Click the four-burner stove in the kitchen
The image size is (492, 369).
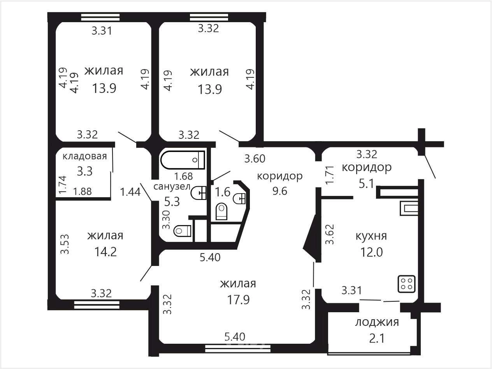pos(406,284)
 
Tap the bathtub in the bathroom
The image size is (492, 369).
pos(183,160)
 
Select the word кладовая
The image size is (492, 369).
pos(85,156)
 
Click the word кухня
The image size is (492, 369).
pos(371,236)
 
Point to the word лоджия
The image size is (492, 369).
pos(377,323)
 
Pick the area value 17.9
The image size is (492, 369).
pos(238,300)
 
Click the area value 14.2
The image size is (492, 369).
pos(105,252)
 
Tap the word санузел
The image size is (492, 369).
pos(172,186)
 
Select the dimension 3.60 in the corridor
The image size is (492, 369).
pos(255,159)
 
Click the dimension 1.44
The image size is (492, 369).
pos(130,192)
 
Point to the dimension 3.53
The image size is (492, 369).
pos(65,244)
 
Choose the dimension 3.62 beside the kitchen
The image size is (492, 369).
pos(330,234)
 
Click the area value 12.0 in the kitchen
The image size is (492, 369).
pos(371,252)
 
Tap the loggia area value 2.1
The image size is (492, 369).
pos(377,338)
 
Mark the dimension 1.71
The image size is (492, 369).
pos(330,175)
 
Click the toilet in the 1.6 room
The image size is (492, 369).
pos(221,212)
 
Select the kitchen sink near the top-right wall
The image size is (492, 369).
pos(409,208)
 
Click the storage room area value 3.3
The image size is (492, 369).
pos(85,171)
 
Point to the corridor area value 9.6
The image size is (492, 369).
pos(280,191)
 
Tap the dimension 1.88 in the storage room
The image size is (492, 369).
pos(83,192)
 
